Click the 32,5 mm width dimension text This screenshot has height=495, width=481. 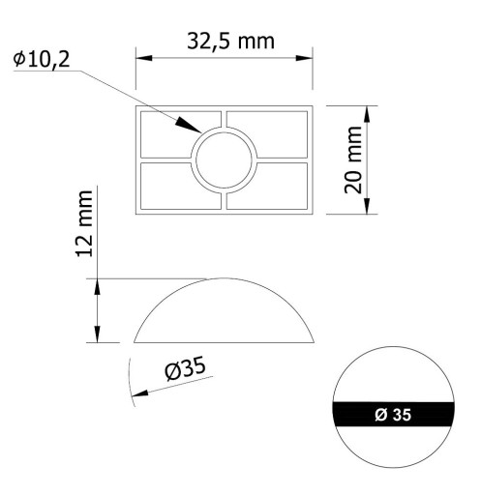click(x=230, y=42)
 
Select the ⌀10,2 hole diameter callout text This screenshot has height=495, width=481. click(x=42, y=59)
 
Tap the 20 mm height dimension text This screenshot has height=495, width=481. click(x=353, y=160)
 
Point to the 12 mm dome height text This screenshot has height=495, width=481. click(x=84, y=223)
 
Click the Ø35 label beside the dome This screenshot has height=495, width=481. click(x=185, y=368)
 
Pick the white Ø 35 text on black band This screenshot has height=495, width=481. click(x=393, y=415)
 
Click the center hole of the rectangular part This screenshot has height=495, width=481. click(x=224, y=160)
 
